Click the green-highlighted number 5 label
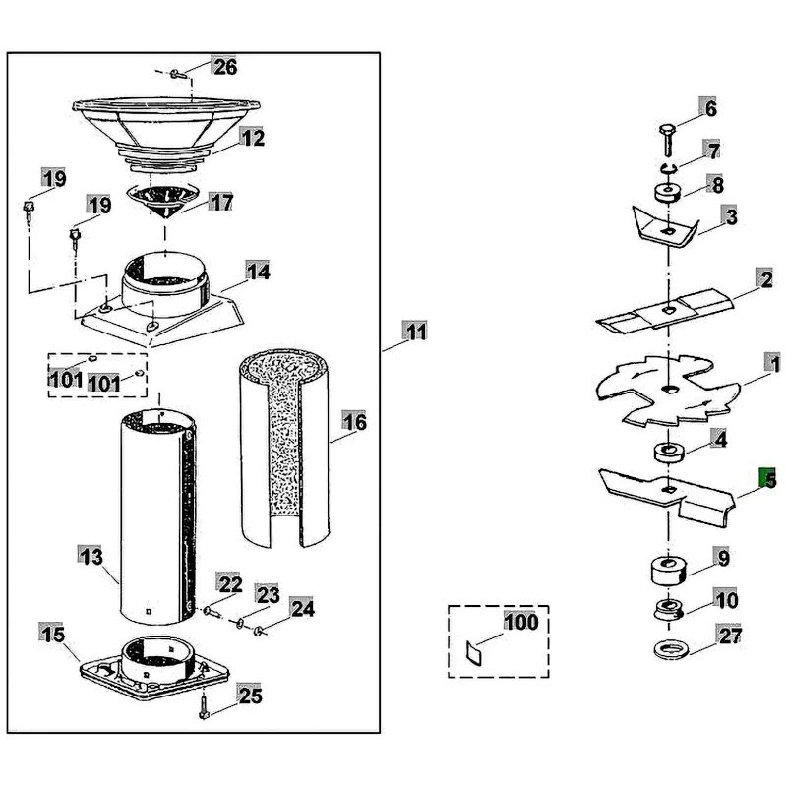767,478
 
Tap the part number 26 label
224,66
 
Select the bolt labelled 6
668,140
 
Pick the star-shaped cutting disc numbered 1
668,390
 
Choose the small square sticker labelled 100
474,653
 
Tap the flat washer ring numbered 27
673,650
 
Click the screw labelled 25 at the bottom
205,705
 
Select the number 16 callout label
354,422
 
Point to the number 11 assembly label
415,331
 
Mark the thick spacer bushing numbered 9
668,571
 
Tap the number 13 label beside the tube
91,556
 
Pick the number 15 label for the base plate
53,634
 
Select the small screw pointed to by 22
210,611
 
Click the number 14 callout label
258,272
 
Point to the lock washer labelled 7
668,168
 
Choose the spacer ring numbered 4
669,452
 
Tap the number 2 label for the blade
765,279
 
